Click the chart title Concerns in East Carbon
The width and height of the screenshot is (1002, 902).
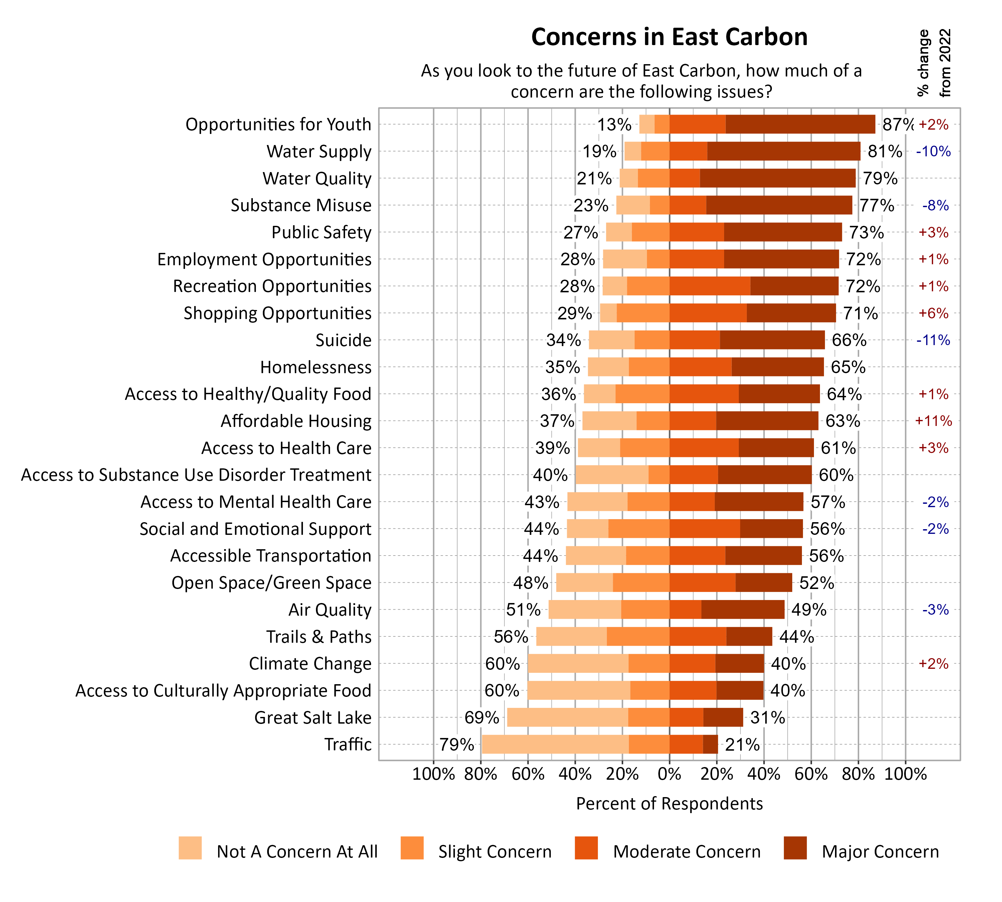(669, 37)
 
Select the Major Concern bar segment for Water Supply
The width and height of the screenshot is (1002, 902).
(784, 151)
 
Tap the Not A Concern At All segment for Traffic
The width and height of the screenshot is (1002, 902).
(555, 744)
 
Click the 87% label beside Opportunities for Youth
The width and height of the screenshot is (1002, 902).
(897, 124)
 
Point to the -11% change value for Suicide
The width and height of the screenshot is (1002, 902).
(933, 340)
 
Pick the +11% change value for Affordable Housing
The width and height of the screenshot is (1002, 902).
(933, 421)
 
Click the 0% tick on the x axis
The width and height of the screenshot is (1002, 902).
(669, 774)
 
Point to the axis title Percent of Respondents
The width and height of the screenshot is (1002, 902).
(669, 803)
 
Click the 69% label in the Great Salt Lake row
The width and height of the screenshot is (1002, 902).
(481, 717)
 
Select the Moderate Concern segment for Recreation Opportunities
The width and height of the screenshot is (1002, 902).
(710, 286)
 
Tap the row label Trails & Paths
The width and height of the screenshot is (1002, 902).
(319, 636)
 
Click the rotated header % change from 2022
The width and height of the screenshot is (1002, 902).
(934, 63)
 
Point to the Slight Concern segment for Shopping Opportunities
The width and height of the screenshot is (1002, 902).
(643, 313)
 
